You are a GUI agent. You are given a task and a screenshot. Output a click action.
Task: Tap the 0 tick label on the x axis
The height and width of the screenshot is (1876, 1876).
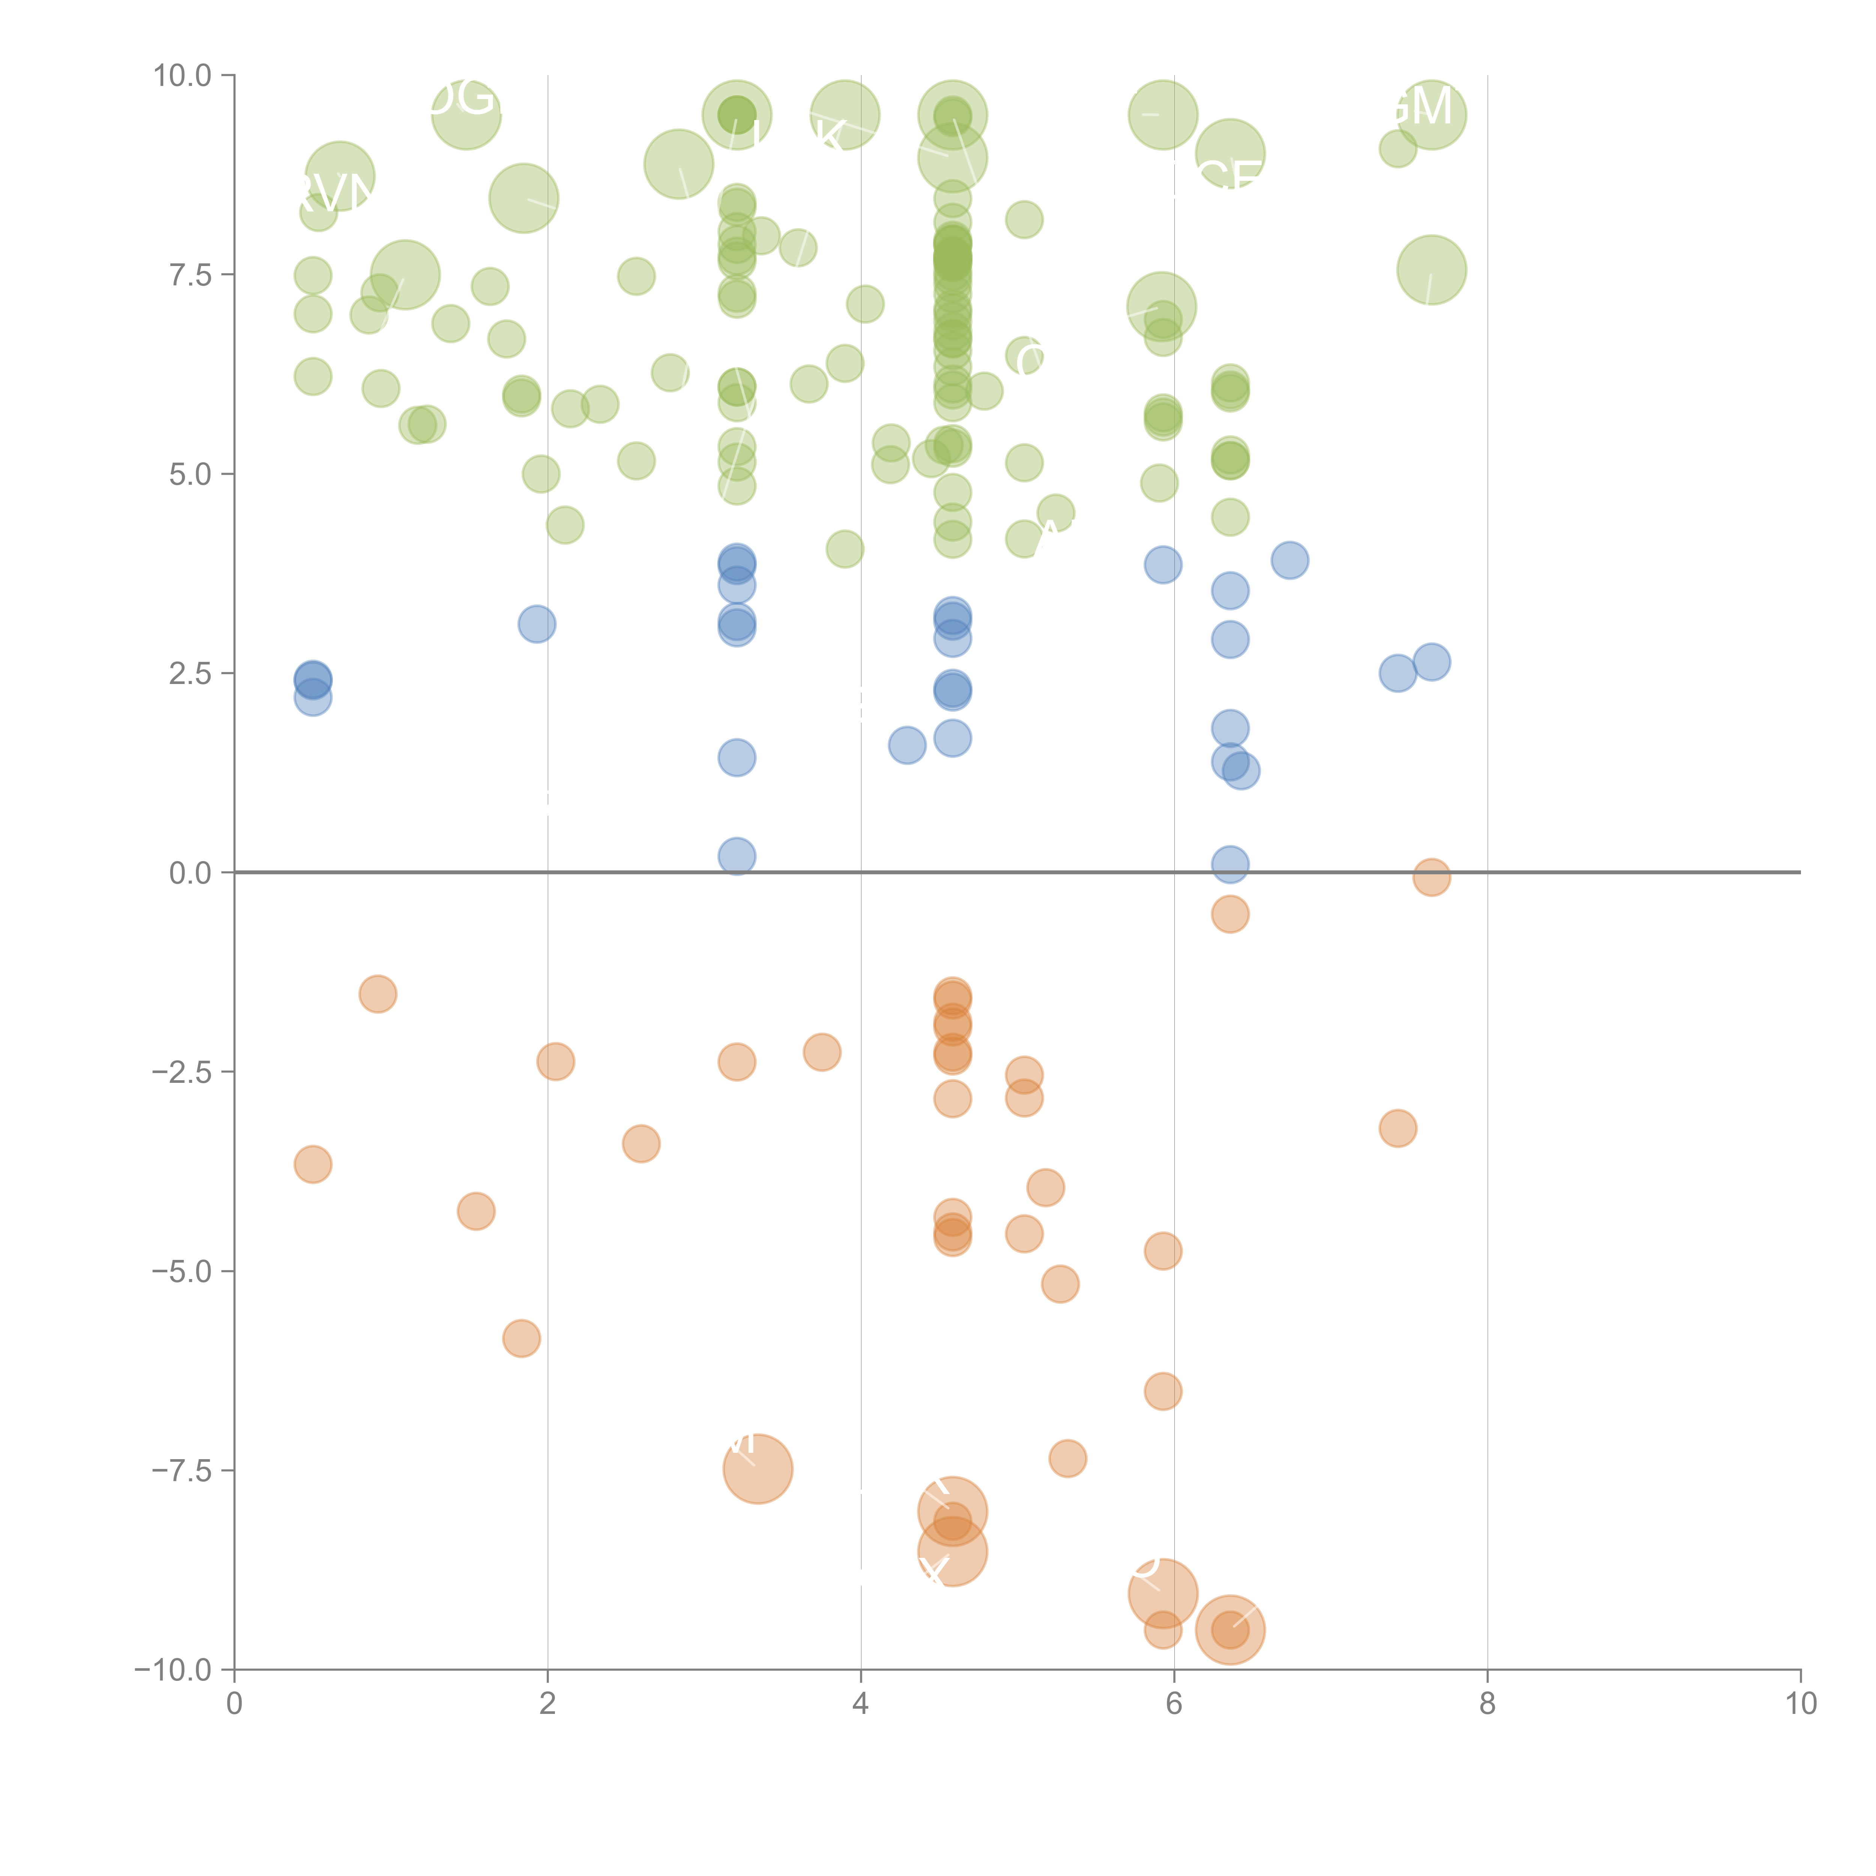[234, 1704]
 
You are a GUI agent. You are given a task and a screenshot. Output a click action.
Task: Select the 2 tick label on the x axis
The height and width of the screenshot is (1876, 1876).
[548, 1704]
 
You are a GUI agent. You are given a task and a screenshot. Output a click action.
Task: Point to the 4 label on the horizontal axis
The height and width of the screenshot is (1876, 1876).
[860, 1704]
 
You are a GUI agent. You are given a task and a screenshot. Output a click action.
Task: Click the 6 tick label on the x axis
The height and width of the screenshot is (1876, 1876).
[1174, 1704]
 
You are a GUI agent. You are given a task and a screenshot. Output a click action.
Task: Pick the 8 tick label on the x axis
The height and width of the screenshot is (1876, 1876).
[1488, 1704]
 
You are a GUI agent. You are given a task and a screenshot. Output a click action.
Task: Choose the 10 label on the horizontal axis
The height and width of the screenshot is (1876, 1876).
[1800, 1704]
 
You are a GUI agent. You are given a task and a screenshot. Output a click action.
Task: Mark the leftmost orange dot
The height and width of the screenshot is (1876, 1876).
[313, 1164]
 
